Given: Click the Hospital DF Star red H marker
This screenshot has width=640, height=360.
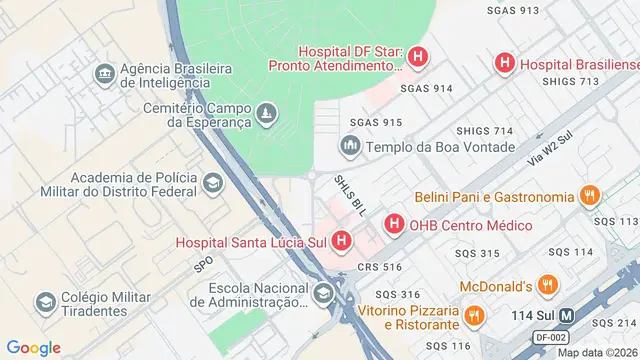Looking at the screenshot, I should click(418, 58).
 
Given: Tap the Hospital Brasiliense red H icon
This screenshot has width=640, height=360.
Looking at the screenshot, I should click(505, 63).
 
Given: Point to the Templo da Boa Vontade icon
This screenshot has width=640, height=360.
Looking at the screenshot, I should click(350, 147).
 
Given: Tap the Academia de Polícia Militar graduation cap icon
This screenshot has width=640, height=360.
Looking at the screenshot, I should click(212, 183).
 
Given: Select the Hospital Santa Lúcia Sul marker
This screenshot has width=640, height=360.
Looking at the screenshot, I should click(343, 241).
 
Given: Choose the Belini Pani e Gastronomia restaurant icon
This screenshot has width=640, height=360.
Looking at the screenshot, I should click(591, 197).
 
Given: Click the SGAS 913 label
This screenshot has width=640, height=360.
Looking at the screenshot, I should click(513, 10).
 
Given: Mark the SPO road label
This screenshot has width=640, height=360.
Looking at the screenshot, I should click(203, 265).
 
